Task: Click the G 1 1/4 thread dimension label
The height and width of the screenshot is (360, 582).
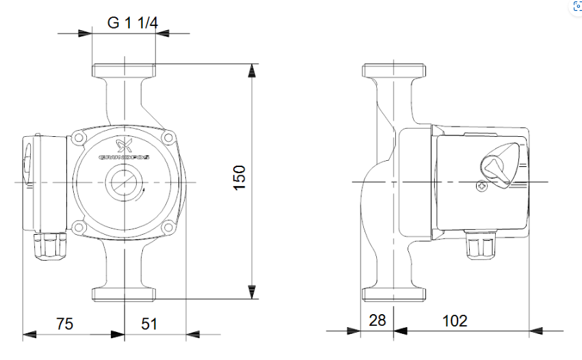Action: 133,22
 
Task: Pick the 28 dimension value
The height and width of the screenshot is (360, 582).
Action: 377,320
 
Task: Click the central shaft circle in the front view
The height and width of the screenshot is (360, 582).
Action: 123,183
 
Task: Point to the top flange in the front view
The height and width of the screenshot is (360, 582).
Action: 124,71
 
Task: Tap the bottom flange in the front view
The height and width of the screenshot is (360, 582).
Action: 124,294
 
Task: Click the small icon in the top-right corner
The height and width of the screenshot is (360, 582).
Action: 577,5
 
